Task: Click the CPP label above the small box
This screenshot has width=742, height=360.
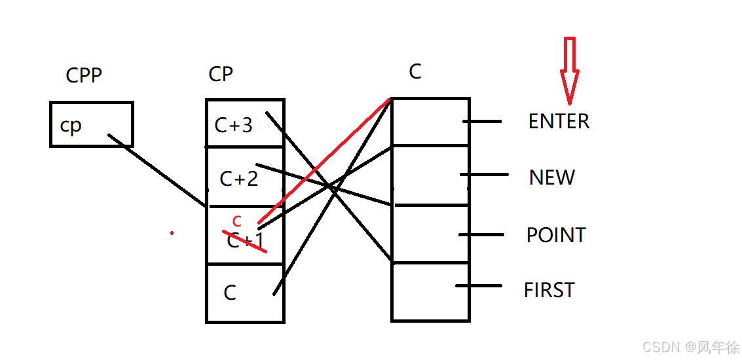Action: pos(84,75)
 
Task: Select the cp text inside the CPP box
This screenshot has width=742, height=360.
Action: pos(71,125)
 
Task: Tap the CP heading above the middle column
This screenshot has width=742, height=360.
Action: pos(221,74)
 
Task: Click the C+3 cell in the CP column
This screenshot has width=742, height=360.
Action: pos(234,124)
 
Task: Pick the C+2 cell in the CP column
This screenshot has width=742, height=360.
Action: pos(238,178)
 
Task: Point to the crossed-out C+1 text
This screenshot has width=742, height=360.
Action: pos(245,240)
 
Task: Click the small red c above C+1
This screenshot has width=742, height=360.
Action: pos(237,221)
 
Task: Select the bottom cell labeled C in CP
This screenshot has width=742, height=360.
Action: pos(230,293)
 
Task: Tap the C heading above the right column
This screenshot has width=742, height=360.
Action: pos(415,71)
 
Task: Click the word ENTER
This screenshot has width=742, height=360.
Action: pos(559,122)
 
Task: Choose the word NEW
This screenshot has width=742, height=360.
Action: pos(552,177)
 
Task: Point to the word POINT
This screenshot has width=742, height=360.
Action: pos(556,235)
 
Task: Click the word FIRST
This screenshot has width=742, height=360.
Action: pos(549,290)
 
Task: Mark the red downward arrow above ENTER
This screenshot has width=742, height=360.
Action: pos(569,71)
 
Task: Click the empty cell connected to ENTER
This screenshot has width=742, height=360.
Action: pos(430,122)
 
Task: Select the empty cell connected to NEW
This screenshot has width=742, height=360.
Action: pos(430,175)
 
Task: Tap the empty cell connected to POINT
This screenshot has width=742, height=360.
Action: pos(430,234)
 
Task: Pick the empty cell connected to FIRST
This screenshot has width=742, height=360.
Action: pos(430,291)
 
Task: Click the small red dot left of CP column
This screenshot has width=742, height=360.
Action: pos(172,232)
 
